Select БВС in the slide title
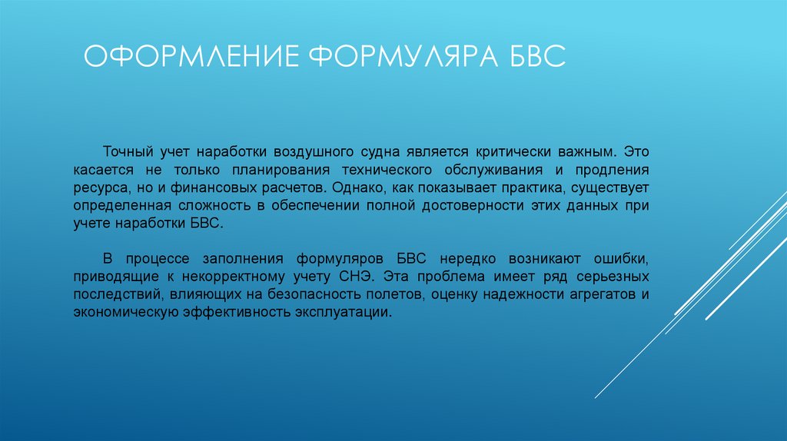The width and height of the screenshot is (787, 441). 530,58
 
